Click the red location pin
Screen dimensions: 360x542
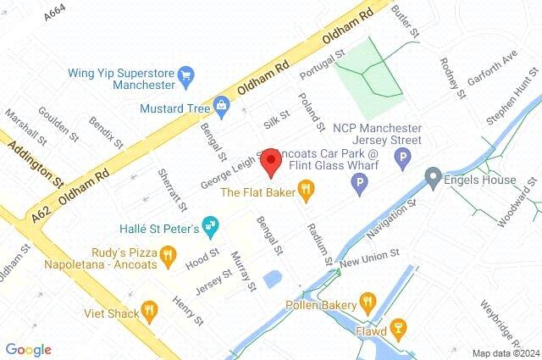[270, 162]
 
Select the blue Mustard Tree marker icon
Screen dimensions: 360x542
[222, 106]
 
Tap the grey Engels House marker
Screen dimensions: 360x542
[433, 179]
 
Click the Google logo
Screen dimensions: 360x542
[28, 349]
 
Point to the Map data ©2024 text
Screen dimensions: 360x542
[505, 353]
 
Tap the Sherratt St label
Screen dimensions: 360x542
[172, 189]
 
